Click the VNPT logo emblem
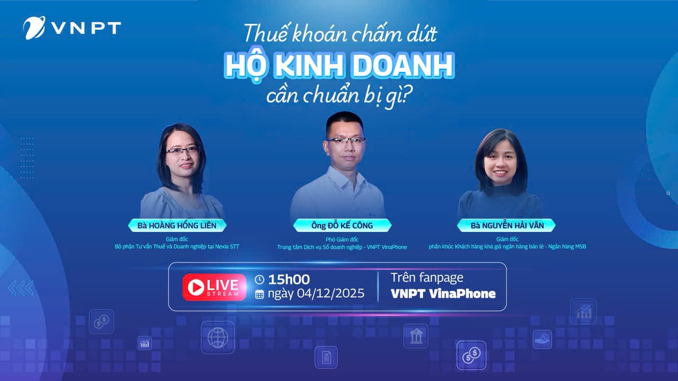tap(34, 28)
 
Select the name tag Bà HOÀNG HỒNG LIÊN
tap(177, 225)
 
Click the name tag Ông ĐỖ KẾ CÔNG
tap(342, 225)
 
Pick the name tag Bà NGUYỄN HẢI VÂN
tap(506, 225)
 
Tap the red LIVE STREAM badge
tap(215, 287)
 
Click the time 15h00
tap(289, 279)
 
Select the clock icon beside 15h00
tap(260, 279)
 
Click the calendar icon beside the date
tap(260, 294)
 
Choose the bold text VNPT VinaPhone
tap(443, 294)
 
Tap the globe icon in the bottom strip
tap(217, 338)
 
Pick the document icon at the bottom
tap(326, 357)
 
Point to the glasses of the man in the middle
tap(346, 140)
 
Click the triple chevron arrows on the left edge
tap(21, 288)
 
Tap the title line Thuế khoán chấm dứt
tap(340, 34)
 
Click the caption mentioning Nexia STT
tap(177, 247)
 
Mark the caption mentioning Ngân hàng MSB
tap(507, 247)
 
